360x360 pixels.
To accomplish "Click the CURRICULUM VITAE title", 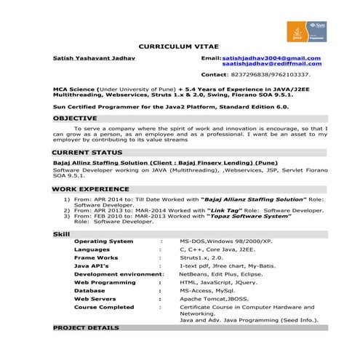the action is point(172,44).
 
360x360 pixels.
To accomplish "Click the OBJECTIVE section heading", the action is point(75,117).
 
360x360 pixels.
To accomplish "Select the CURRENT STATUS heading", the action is point(87,151).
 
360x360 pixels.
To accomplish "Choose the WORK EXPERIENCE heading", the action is point(90,188).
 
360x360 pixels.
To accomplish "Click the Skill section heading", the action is point(62,233).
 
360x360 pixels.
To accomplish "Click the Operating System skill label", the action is point(103,241).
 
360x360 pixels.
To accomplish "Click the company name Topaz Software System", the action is point(250,216).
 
